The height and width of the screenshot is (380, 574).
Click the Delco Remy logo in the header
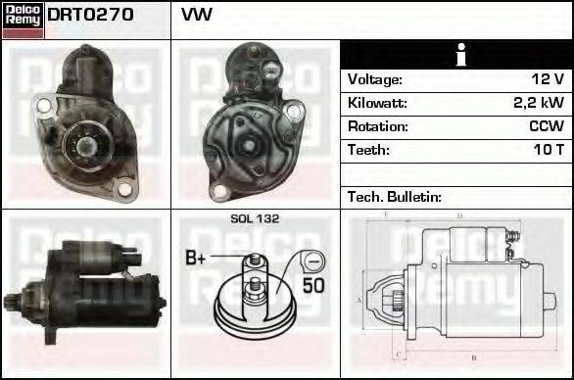click(23, 19)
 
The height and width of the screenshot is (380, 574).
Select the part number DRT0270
click(90, 16)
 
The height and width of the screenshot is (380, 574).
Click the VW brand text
click(196, 16)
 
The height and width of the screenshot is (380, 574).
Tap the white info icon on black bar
click(457, 55)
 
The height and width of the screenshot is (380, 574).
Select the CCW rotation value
click(546, 126)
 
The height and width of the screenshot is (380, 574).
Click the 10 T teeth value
click(548, 150)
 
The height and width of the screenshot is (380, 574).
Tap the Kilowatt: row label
click(377, 103)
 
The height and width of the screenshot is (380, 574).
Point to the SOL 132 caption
click(254, 218)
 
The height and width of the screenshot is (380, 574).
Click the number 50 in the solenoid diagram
click(312, 286)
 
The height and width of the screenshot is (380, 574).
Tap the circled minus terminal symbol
click(311, 261)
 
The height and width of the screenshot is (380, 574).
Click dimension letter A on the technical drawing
click(359, 299)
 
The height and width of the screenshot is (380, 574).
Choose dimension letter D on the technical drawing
click(459, 215)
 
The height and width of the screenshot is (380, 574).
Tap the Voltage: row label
click(374, 79)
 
